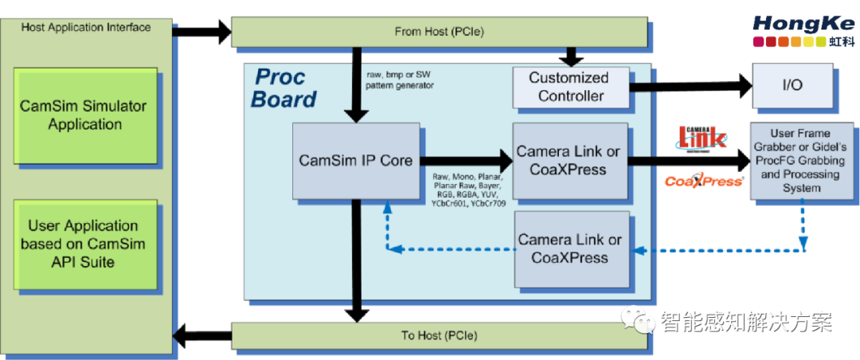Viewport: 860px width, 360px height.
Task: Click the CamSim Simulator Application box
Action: pyautogui.click(x=84, y=115)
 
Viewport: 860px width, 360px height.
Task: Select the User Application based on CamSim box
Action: pyautogui.click(x=84, y=243)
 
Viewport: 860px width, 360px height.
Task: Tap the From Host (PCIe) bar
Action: pyautogui.click(x=439, y=32)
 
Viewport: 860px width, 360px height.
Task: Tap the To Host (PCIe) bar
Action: pyautogui.click(x=439, y=335)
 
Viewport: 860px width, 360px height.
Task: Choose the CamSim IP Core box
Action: pyautogui.click(x=355, y=160)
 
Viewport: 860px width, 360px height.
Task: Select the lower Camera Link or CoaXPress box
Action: pyautogui.click(x=569, y=248)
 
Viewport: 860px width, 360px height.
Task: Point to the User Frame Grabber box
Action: pyautogui.click(x=800, y=161)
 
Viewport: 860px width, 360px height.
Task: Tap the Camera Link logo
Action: pyautogui.click(x=702, y=137)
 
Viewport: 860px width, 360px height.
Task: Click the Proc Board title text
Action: pyautogui.click(x=284, y=88)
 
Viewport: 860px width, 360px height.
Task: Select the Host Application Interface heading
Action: pyautogui.click(x=85, y=27)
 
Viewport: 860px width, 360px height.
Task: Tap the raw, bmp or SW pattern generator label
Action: pyautogui.click(x=398, y=79)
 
